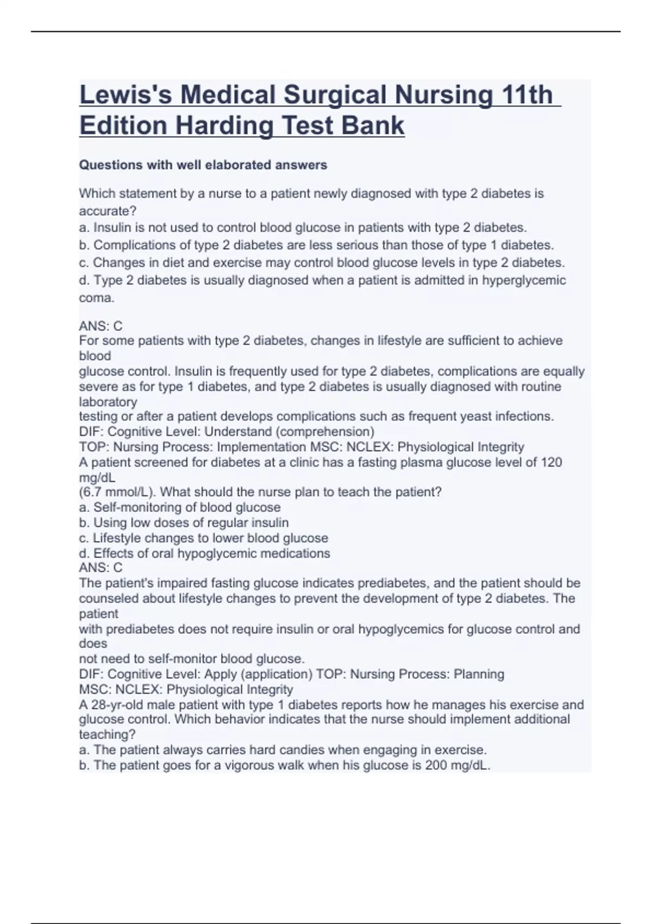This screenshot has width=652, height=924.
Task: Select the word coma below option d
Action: tap(96, 298)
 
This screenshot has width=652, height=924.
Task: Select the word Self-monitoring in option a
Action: tap(139, 507)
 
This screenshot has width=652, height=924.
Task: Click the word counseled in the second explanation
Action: tap(109, 598)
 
